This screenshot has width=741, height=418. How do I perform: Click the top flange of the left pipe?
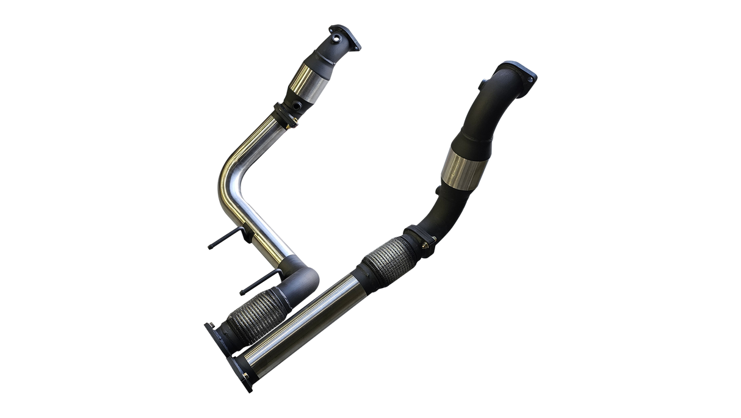click(x=345, y=34)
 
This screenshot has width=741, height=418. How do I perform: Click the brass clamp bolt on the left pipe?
click(x=297, y=127)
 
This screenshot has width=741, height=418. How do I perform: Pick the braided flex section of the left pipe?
click(x=247, y=314)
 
